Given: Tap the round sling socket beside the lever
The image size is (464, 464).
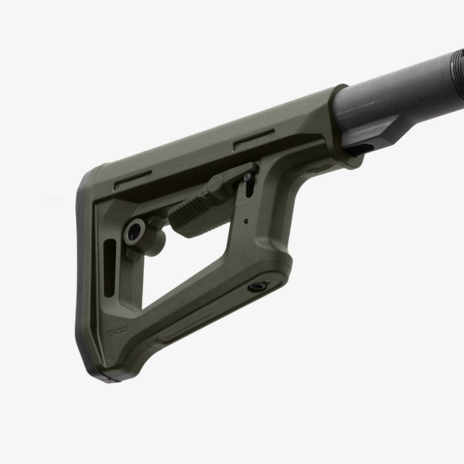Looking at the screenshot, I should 134,231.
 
